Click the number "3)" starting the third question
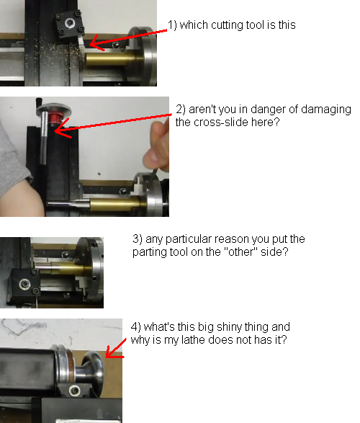click(x=138, y=239)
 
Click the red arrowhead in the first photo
click(x=96, y=43)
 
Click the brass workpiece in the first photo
click(x=110, y=59)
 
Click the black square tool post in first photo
click(x=69, y=25)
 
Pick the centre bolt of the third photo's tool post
click(x=25, y=284)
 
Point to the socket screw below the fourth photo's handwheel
click(x=75, y=391)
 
